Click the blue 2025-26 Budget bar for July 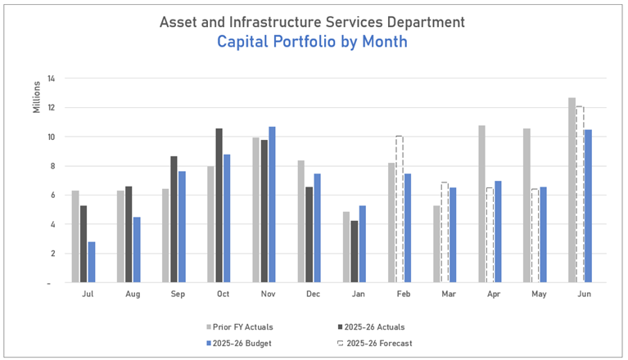pos(93,262)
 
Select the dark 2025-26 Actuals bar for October pos(219,205)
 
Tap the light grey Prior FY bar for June pos(572,190)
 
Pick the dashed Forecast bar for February pos(400,209)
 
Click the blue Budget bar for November pos(273,205)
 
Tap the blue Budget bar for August pos(138,250)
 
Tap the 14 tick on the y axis pos(51,79)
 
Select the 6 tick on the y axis pos(51,195)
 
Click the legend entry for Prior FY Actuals pos(243,327)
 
